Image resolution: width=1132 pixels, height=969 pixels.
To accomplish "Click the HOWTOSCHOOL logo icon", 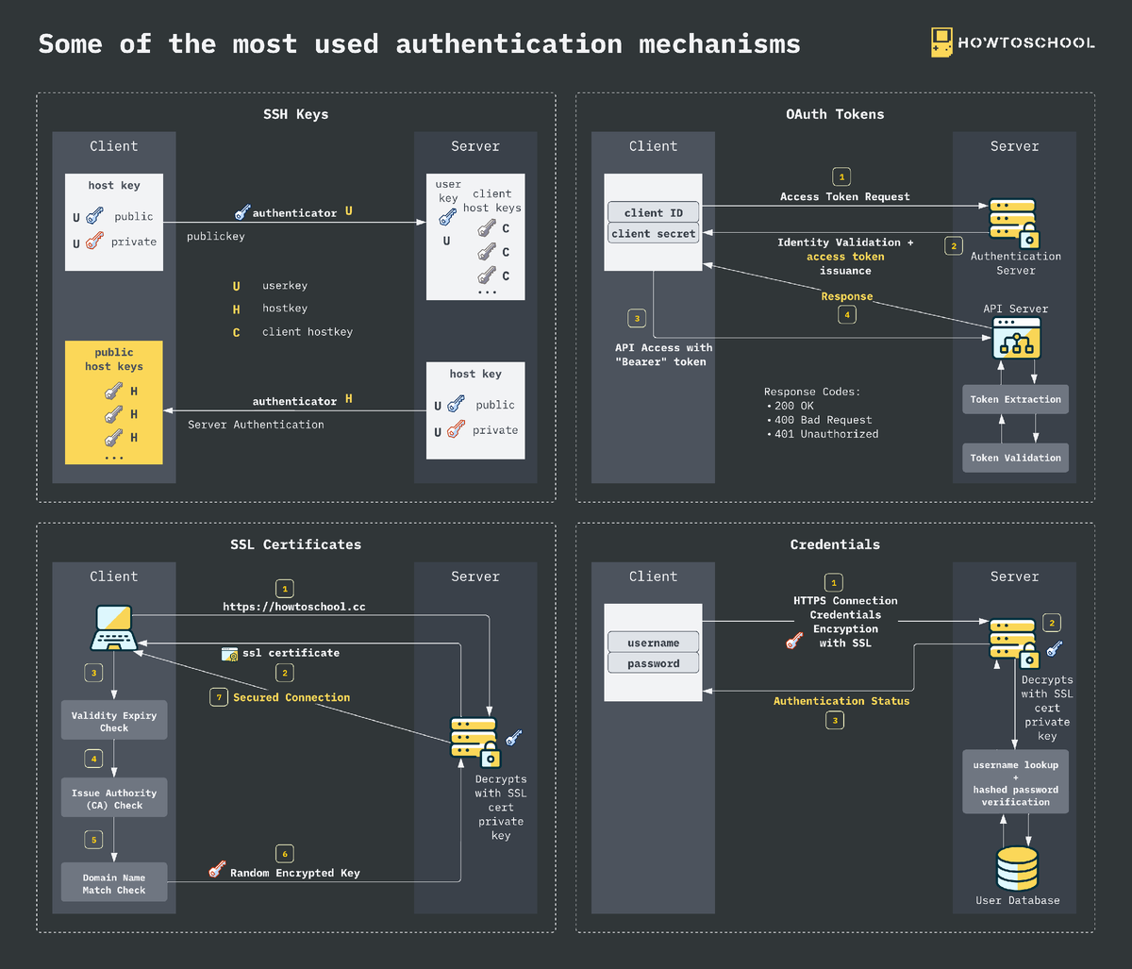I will pyautogui.click(x=941, y=42).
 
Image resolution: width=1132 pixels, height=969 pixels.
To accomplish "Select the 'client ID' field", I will pyautogui.click(x=653, y=212).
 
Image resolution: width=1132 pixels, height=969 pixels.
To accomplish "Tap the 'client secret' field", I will pyautogui.click(x=653, y=233).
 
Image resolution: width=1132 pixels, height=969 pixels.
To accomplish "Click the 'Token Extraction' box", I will pyautogui.click(x=1015, y=399).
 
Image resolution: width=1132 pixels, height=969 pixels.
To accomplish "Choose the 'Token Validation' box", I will pyautogui.click(x=1015, y=458).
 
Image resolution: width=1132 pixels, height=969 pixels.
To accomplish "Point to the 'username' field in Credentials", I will pyautogui.click(x=653, y=643).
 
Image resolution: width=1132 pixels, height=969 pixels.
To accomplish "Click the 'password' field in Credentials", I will pyautogui.click(x=653, y=663).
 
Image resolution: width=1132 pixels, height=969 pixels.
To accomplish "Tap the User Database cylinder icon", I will pyautogui.click(x=1017, y=867).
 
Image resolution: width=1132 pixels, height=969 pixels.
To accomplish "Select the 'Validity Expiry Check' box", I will pyautogui.click(x=114, y=721).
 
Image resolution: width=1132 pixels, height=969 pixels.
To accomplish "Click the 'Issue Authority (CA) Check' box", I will pyautogui.click(x=114, y=798).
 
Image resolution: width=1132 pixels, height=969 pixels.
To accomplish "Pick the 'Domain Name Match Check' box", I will pyautogui.click(x=114, y=883).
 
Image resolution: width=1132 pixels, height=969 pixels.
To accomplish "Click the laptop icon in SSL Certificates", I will pyautogui.click(x=114, y=627).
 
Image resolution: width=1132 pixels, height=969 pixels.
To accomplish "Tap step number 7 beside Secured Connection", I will pyautogui.click(x=218, y=697).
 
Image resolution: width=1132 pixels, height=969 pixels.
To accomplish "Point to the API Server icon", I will pyautogui.click(x=1016, y=338).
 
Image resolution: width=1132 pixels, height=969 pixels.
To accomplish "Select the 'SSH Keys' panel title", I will pyautogui.click(x=295, y=114).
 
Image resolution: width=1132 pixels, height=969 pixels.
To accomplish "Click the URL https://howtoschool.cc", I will pyautogui.click(x=293, y=607).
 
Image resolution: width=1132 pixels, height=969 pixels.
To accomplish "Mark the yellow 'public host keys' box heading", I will pyautogui.click(x=114, y=359).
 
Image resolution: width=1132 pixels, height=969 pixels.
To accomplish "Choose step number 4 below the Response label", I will pyautogui.click(x=846, y=315).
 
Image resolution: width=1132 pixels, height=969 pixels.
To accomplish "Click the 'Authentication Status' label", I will pyautogui.click(x=841, y=701).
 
